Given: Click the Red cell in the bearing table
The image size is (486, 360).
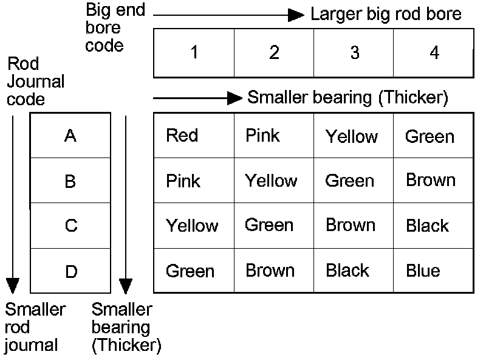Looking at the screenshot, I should click(x=182, y=135).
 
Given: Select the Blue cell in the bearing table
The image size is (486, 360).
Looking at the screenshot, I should click(x=423, y=270).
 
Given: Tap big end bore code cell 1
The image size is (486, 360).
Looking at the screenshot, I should click(x=194, y=53).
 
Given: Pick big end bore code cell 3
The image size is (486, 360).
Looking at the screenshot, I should click(x=354, y=53).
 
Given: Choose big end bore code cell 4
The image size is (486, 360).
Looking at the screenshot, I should click(x=434, y=53).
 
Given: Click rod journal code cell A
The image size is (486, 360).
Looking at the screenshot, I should click(x=70, y=136).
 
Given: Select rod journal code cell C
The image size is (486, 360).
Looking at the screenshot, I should click(x=70, y=226).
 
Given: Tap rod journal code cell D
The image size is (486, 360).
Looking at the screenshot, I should click(x=70, y=271).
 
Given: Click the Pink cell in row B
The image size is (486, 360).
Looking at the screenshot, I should click(x=183, y=181).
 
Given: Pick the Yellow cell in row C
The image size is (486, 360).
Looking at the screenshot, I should click(x=192, y=226).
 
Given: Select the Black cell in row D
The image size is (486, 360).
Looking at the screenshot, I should click(x=347, y=270).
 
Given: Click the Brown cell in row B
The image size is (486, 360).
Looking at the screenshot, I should click(x=431, y=180).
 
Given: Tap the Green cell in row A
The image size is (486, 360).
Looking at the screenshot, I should click(x=430, y=136).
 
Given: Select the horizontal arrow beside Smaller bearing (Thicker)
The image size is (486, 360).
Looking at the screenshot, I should click(x=197, y=97).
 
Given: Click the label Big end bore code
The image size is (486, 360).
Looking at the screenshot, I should click(x=115, y=28).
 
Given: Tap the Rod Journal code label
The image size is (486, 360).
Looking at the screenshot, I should click(x=35, y=81).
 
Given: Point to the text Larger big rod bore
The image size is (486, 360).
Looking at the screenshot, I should click(x=386, y=15).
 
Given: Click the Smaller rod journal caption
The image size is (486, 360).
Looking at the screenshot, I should click(x=35, y=327).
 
